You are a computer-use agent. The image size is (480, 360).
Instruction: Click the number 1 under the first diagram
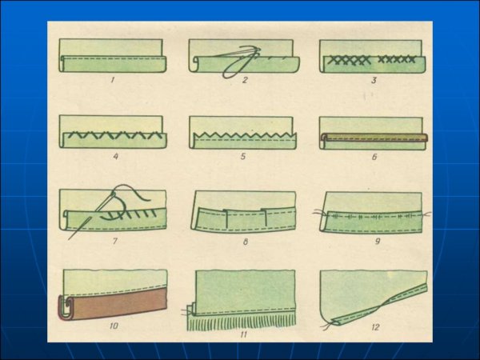click(112, 81)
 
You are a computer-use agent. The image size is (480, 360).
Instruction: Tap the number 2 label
click(244, 80)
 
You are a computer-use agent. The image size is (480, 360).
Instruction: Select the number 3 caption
click(374, 81)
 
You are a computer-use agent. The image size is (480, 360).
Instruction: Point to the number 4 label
click(116, 157)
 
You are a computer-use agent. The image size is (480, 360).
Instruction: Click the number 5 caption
click(243, 157)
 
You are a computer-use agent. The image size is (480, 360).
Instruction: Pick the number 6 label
click(374, 157)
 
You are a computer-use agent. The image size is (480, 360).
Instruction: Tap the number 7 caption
click(114, 242)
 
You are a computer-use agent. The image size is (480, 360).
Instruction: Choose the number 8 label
click(246, 242)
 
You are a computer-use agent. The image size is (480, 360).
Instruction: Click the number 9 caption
click(378, 242)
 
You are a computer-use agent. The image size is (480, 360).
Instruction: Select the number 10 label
click(114, 326)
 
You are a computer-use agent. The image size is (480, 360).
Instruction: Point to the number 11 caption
click(243, 334)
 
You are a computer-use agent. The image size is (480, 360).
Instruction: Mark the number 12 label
click(375, 327)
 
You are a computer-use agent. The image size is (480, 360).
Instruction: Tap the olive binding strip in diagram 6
click(374, 137)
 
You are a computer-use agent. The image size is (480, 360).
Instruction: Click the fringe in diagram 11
click(242, 323)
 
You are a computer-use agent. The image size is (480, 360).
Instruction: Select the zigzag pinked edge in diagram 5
click(245, 134)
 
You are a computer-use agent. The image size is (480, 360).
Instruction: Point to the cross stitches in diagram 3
click(371, 60)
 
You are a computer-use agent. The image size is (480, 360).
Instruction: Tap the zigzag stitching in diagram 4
click(114, 135)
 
